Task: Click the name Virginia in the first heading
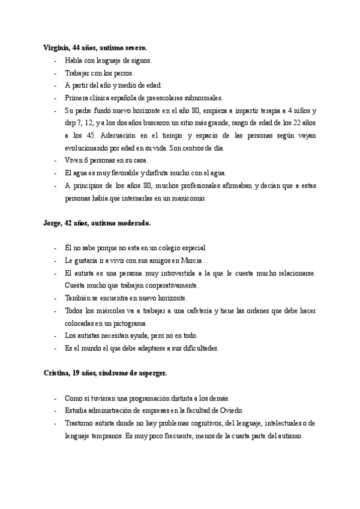coord(56,47)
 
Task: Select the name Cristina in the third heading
coord(56,373)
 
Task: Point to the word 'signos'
coord(142,61)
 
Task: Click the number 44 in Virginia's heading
coord(76,47)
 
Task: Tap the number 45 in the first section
coord(88,136)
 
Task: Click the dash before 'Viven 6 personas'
coord(55,161)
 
